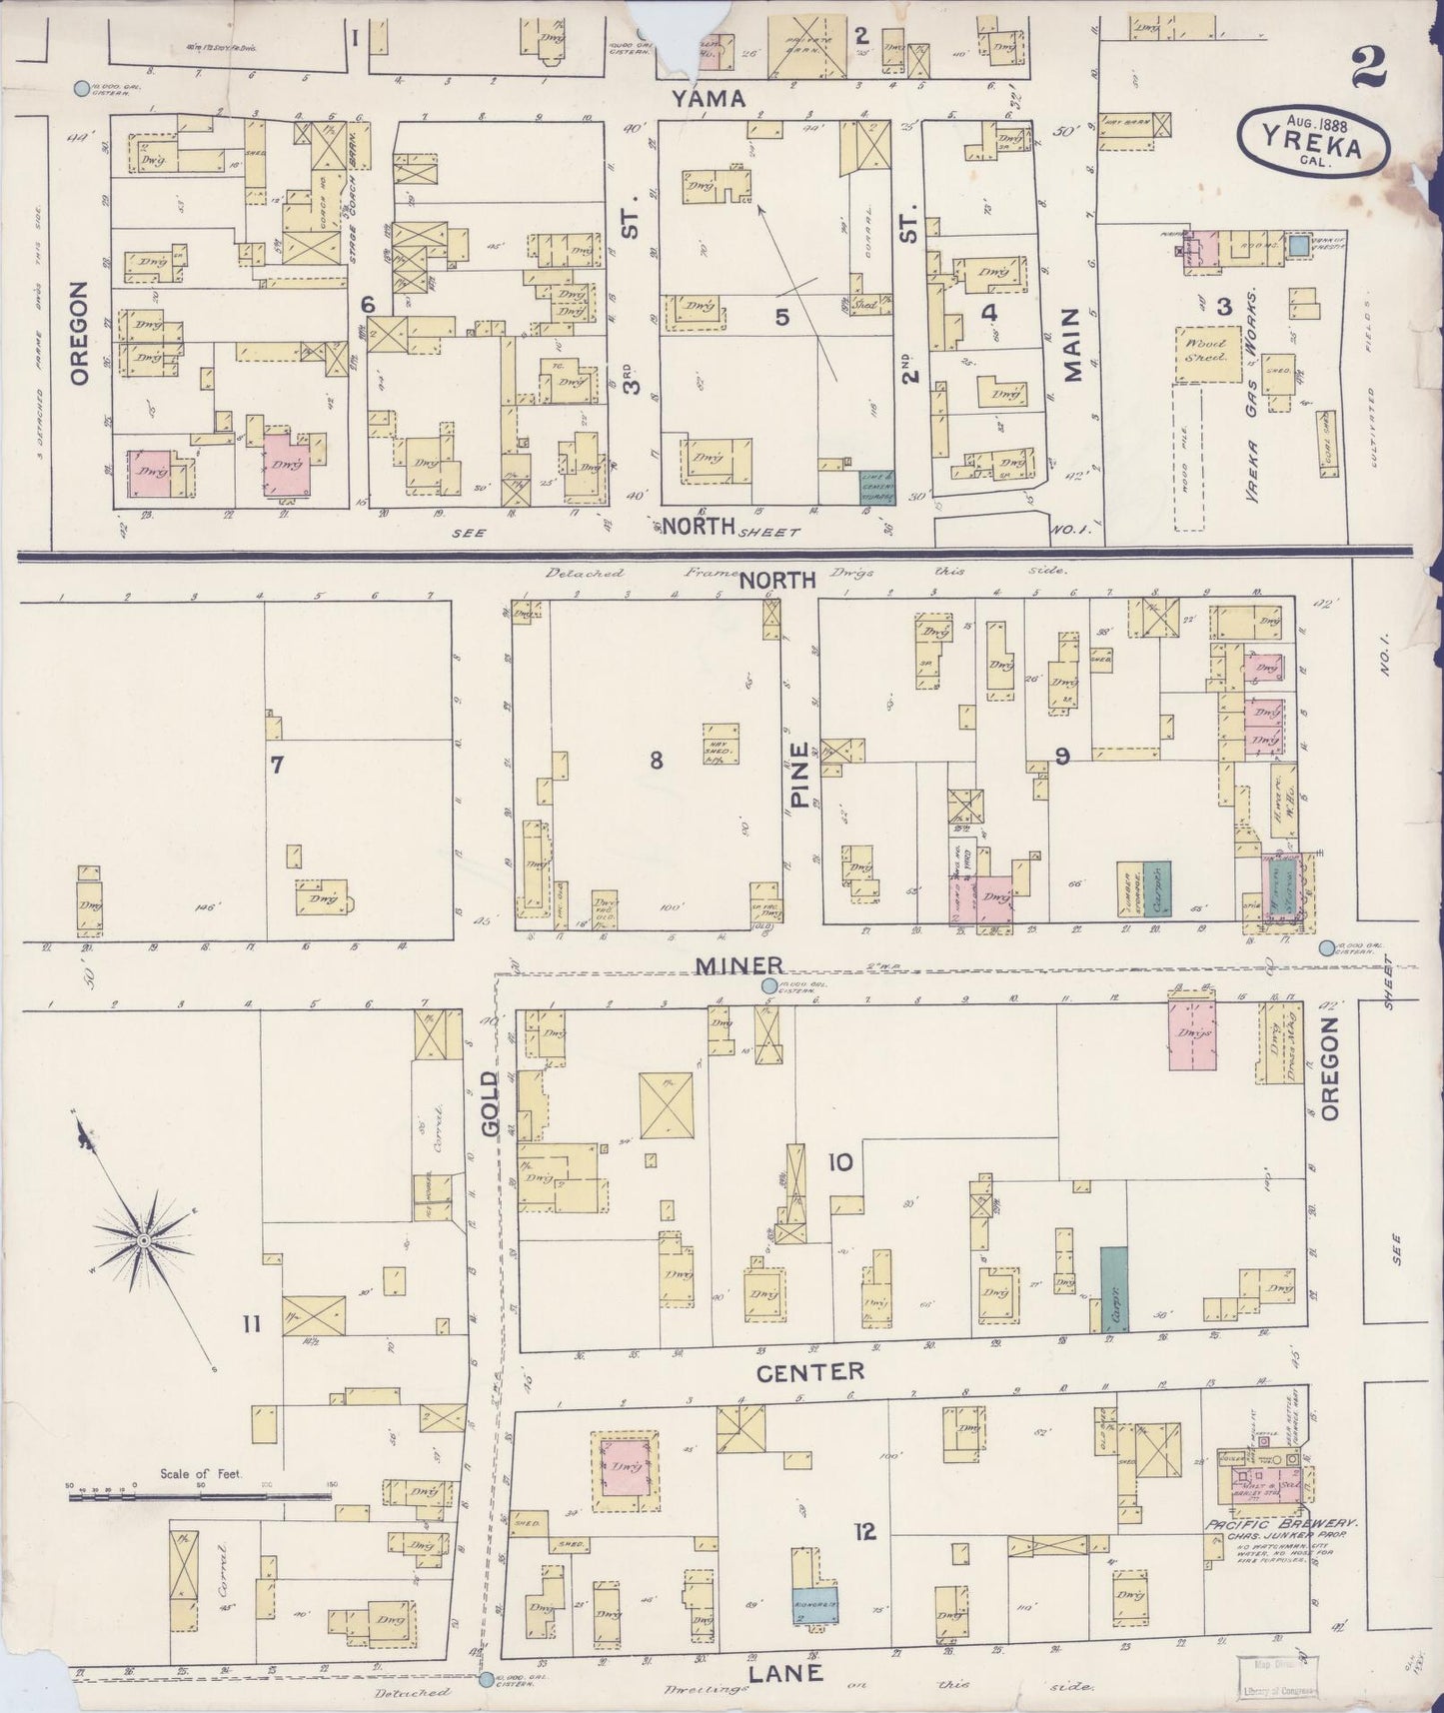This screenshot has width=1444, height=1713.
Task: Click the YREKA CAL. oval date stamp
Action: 1311,139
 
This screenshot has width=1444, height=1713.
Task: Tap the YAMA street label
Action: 709,98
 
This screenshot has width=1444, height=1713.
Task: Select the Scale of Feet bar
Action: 200,1497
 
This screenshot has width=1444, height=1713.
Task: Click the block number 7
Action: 277,766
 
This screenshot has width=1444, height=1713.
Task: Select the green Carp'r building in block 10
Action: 1114,1288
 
